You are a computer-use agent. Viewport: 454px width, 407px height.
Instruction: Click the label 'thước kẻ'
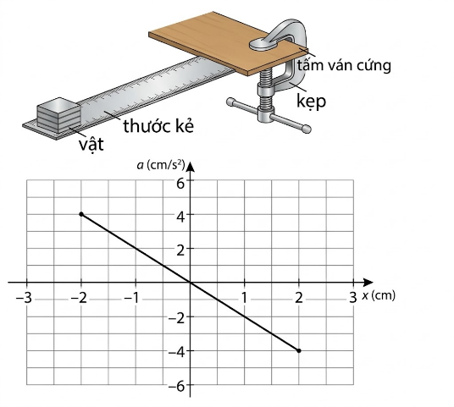[x=158, y=126]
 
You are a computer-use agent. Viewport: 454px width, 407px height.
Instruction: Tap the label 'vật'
[x=91, y=144]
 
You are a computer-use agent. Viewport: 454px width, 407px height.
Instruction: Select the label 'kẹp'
[x=312, y=102]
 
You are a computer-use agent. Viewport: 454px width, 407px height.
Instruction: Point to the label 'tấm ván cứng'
[x=344, y=65]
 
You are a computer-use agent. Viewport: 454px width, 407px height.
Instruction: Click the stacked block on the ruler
[x=58, y=115]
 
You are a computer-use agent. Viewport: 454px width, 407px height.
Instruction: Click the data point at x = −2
[x=81, y=214]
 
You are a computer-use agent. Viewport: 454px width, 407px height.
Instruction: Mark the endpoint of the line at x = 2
[x=299, y=350]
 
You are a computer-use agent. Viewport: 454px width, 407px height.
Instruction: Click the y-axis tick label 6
[x=180, y=183]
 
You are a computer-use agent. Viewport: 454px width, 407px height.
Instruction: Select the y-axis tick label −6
[x=177, y=386]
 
